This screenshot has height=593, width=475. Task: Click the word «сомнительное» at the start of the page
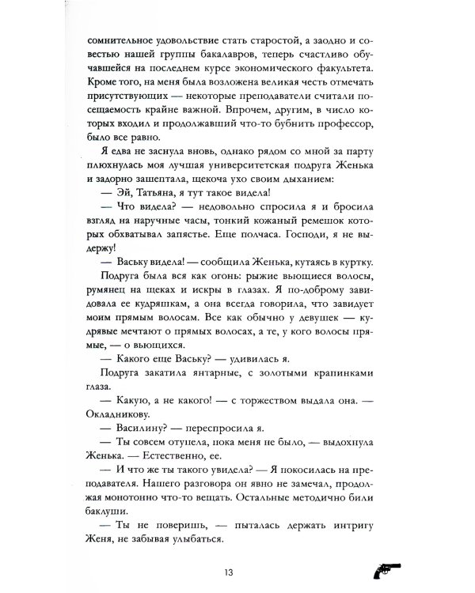117,40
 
